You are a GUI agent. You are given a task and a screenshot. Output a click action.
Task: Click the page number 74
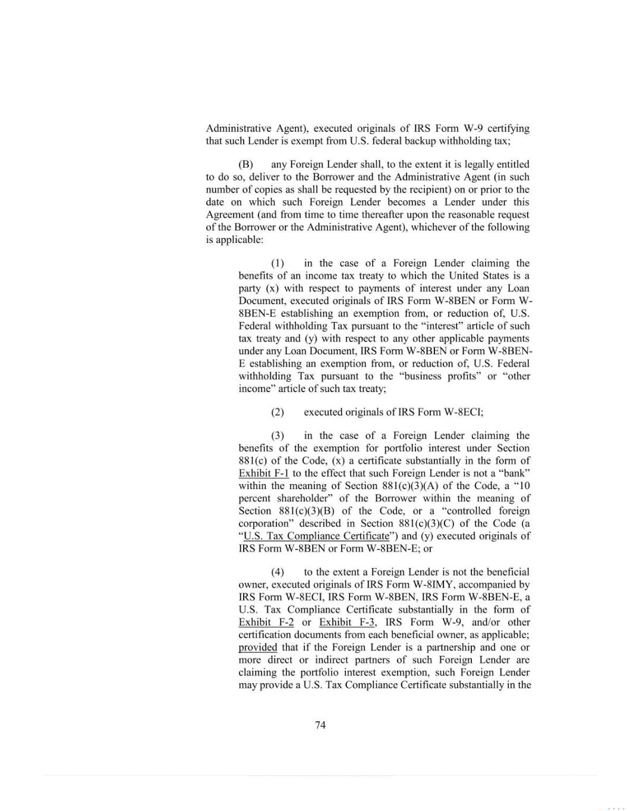[320, 725]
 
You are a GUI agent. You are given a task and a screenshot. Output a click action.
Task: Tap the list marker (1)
[278, 263]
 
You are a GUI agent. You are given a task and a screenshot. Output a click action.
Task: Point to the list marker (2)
[278, 412]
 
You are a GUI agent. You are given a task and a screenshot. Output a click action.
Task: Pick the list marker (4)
[278, 572]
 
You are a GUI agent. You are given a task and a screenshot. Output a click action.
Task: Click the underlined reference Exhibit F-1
[263, 474]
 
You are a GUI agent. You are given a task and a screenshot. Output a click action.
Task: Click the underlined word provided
[257, 648]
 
